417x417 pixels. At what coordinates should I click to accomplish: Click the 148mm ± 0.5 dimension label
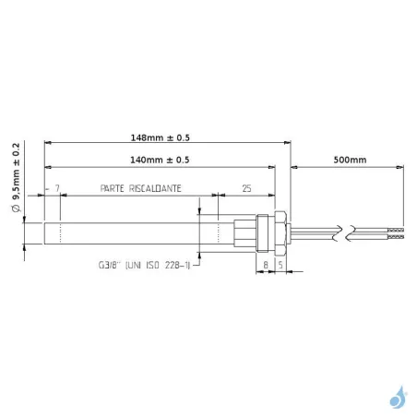click(x=161, y=137)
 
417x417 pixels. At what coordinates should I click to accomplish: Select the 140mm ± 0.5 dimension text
click(x=160, y=160)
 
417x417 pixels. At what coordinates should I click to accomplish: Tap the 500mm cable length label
click(x=350, y=160)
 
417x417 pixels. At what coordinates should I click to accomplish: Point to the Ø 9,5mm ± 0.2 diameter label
click(x=17, y=177)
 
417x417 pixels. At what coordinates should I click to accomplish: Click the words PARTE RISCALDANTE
click(x=141, y=188)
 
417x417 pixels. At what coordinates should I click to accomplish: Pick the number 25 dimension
click(x=246, y=188)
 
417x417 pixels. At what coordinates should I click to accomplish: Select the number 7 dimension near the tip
click(x=57, y=188)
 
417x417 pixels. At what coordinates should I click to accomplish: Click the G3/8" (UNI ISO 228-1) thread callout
click(x=144, y=265)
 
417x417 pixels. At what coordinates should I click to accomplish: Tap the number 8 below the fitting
click(x=266, y=265)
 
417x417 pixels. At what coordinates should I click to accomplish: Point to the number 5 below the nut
click(x=280, y=265)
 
